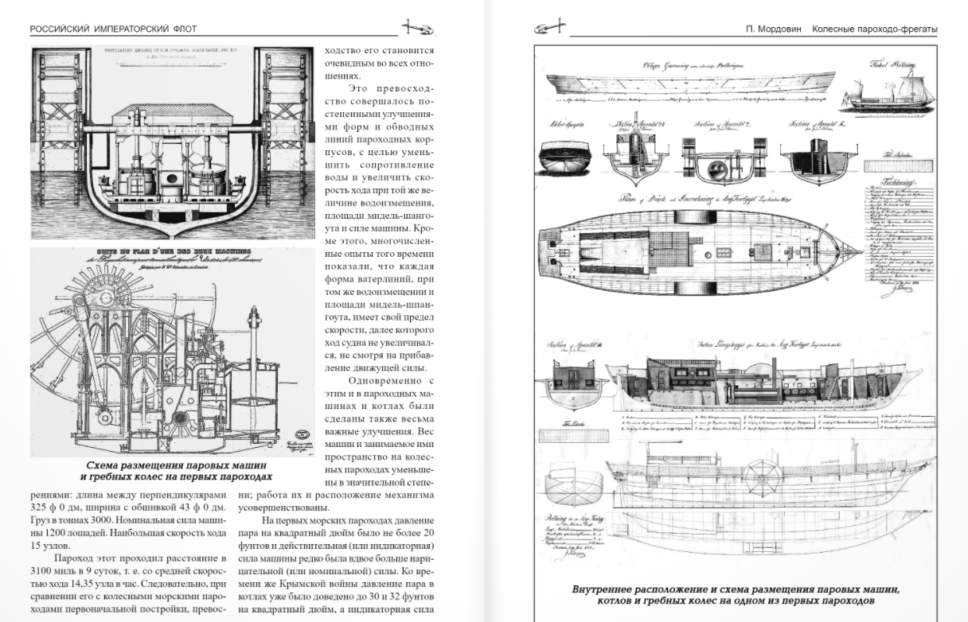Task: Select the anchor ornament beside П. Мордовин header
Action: click(549, 29)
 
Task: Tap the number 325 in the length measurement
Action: click(40, 506)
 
